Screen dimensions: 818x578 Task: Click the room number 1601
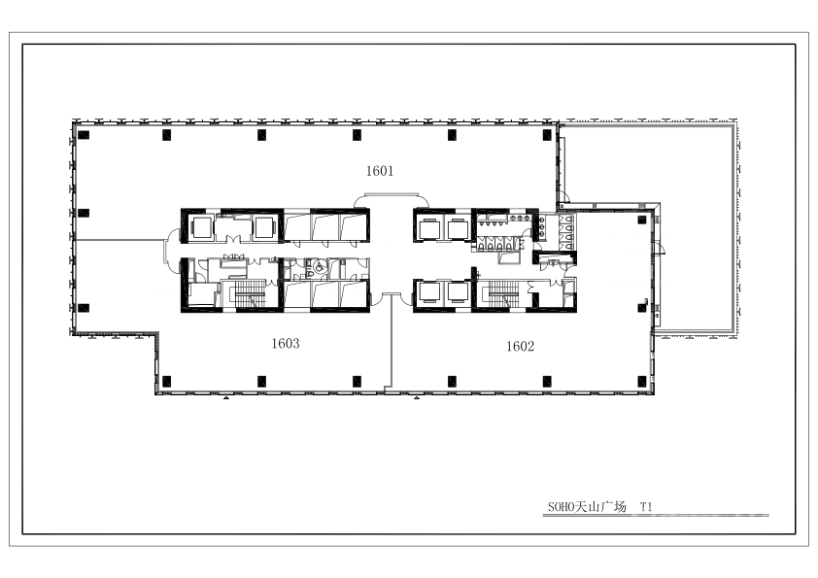[380, 171]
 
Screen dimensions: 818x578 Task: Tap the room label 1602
[520, 347]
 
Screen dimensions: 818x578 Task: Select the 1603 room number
[286, 343]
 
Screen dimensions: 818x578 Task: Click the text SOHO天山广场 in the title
[587, 506]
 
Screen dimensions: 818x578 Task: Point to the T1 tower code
[646, 506]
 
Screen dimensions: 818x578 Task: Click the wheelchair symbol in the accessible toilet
[320, 267]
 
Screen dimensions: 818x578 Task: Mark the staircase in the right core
[504, 294]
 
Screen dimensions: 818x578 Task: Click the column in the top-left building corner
[84, 135]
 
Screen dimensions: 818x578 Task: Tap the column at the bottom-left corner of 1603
[166, 382]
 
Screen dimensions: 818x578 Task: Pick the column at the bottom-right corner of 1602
[642, 382]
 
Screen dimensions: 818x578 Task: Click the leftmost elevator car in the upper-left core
[201, 227]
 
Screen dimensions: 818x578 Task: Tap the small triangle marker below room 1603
[226, 398]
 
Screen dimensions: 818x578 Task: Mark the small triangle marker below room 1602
[417, 398]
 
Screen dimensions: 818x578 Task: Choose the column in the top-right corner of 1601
[547, 135]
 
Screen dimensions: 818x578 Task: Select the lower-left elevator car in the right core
[428, 292]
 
